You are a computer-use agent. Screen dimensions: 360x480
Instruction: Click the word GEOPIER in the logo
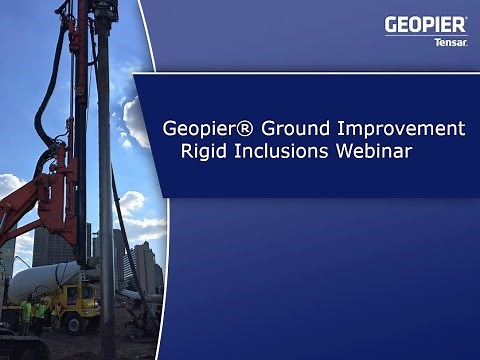coord(425,25)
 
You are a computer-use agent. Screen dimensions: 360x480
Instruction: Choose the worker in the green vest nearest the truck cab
coord(41,316)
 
